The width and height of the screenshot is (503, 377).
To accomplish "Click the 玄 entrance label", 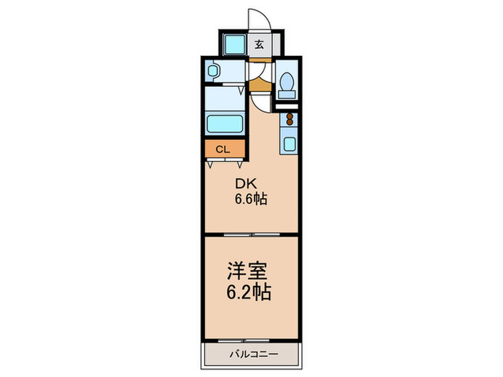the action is pos(259,45).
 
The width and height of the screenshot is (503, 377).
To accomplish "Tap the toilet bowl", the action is pos(287,81).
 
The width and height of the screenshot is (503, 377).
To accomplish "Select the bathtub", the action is pos(224,124).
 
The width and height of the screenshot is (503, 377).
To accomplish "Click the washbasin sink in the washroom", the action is pos(212,70).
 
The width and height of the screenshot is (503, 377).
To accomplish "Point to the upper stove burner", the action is pos(290,116).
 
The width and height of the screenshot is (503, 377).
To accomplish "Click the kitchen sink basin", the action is pos(290,144).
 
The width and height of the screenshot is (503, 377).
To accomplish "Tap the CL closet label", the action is pos(223,149).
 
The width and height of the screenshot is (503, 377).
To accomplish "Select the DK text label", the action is pos(246,184).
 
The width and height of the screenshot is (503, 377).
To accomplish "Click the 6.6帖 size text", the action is pos(251,200).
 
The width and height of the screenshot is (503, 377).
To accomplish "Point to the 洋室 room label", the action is pos(247,271).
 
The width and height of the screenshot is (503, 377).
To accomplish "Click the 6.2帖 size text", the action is pos(249,292).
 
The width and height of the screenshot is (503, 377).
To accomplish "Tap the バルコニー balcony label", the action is pos(254,354).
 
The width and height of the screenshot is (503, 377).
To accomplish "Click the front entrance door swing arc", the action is pos(264,15).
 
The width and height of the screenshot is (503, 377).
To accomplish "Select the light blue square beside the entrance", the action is pos(235,45).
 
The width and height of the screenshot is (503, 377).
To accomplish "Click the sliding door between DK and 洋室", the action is pos(251,235).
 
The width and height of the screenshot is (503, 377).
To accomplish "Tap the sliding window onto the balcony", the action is pos(244,341).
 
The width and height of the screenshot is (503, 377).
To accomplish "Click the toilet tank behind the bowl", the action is pos(287,94).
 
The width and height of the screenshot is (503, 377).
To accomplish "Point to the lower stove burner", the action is pos(290,122).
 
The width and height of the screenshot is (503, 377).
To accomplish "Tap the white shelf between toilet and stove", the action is pos(287,107).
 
